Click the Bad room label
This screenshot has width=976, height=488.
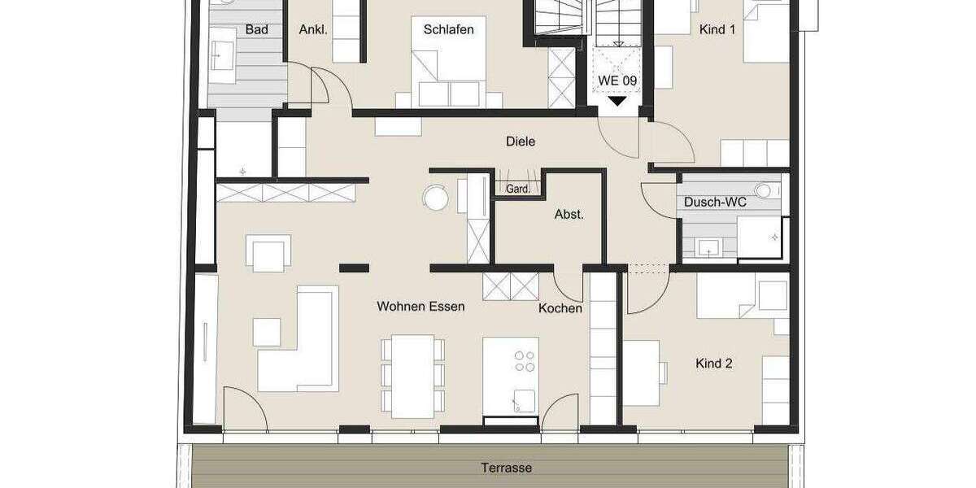coord(256,30)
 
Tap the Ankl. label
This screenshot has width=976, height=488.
coord(313,30)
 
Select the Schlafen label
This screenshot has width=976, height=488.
coord(448,29)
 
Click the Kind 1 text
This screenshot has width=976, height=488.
coord(717,29)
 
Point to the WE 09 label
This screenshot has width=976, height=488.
coord(617,81)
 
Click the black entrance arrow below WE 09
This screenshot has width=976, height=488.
coord(618,102)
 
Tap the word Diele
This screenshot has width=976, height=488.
coord(520,142)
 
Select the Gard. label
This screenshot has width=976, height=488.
coord(518,189)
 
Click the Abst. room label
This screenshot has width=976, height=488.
coord(569,215)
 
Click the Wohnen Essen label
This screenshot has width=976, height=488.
coord(420,307)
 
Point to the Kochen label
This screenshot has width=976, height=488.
coord(560,309)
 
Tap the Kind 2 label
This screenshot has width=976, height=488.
coord(714,364)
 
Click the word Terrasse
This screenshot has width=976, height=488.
coord(505,468)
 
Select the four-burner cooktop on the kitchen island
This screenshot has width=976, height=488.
coord(525,359)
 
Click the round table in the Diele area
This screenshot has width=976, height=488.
coord(435,198)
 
